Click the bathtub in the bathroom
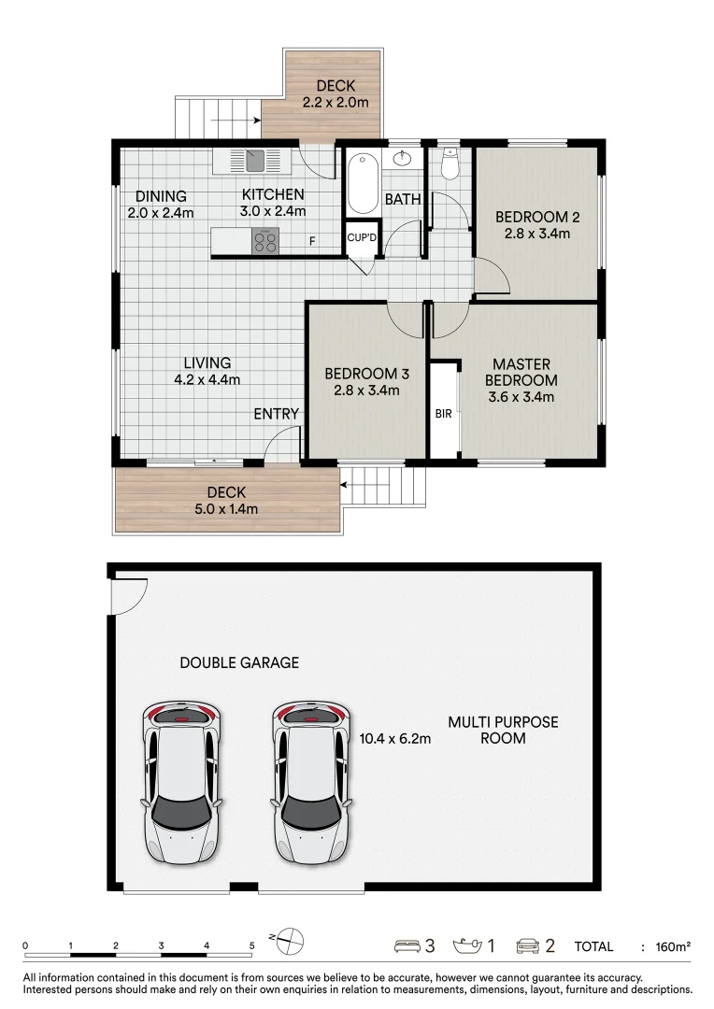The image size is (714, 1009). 362,184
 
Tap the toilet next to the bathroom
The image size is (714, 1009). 450,165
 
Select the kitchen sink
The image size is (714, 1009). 255,161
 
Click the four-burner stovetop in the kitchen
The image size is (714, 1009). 265,241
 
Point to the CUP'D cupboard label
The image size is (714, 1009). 362,237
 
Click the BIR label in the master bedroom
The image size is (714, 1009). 443,413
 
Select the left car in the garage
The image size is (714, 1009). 182,783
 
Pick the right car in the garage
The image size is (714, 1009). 312,783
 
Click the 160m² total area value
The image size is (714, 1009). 672,946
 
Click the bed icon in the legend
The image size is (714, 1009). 407,946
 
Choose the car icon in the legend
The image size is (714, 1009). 528,946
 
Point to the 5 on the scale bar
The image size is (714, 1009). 251,945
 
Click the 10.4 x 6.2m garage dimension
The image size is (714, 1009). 395,738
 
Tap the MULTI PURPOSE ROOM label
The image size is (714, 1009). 503,730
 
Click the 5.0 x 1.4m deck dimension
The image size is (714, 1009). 226,509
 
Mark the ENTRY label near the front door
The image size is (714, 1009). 277,414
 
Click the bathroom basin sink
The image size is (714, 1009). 404,158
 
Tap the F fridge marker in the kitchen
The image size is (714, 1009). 313,241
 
